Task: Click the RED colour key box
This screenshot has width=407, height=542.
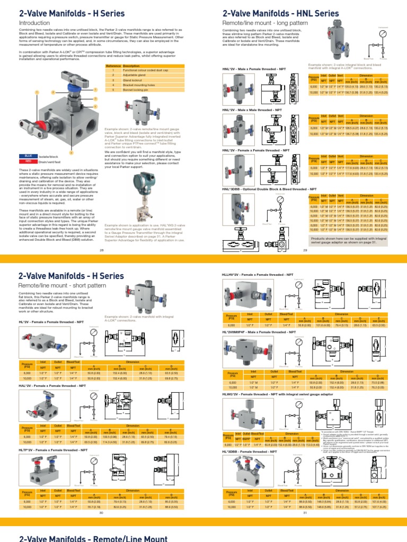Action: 26,161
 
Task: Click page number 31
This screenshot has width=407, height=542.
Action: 305,512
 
